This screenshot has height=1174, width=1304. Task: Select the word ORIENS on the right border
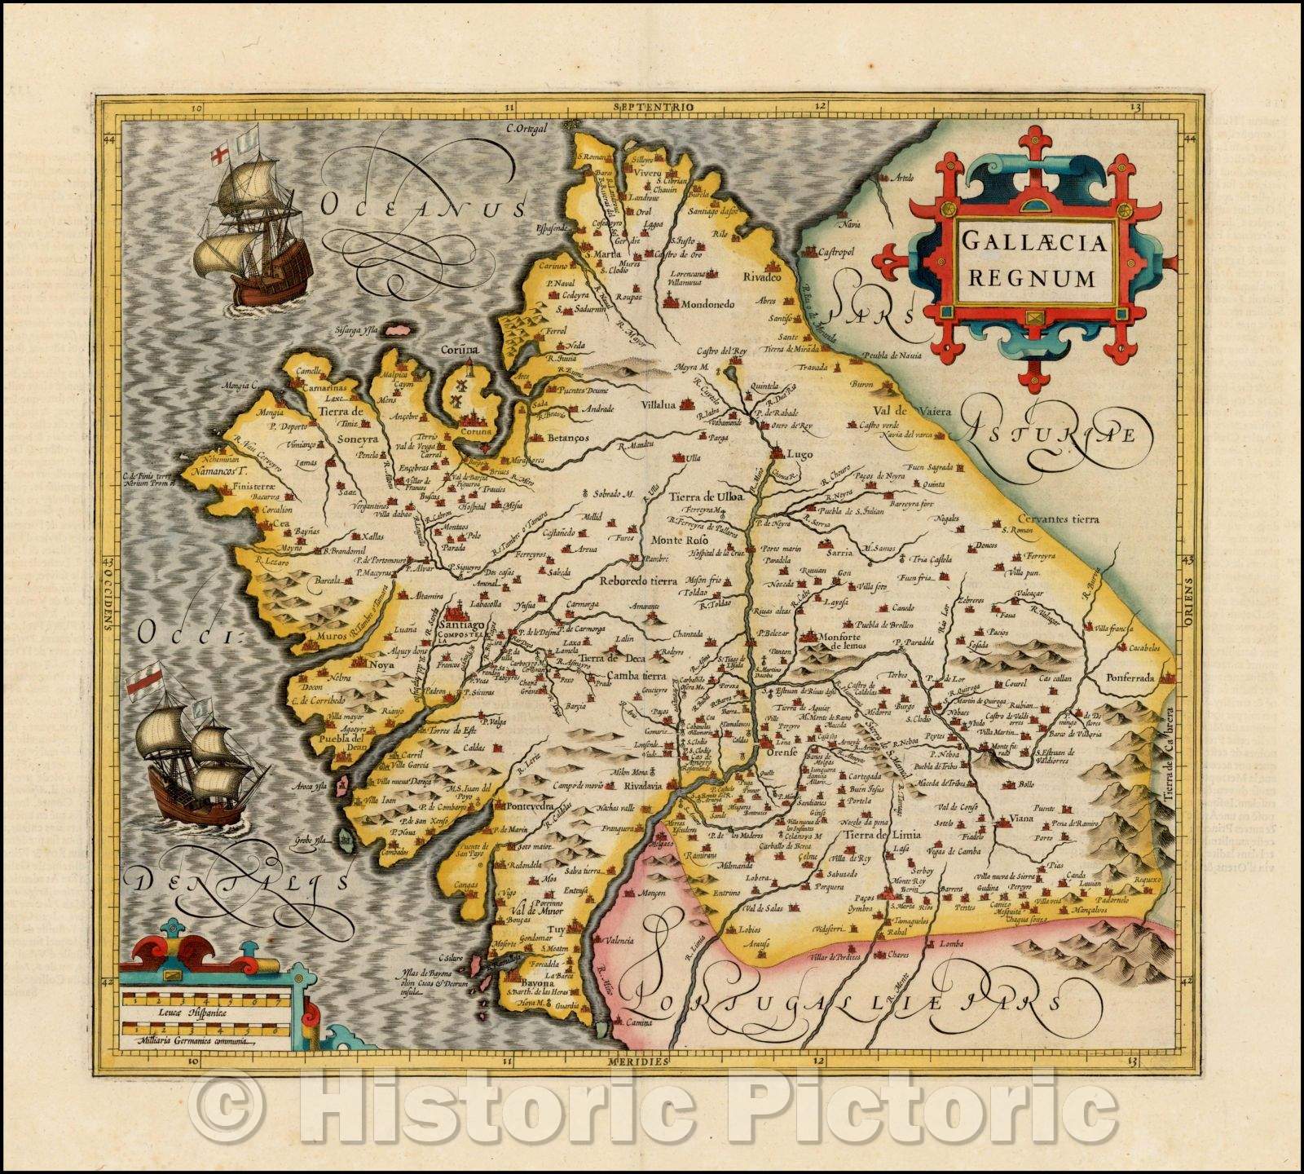(1188, 601)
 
